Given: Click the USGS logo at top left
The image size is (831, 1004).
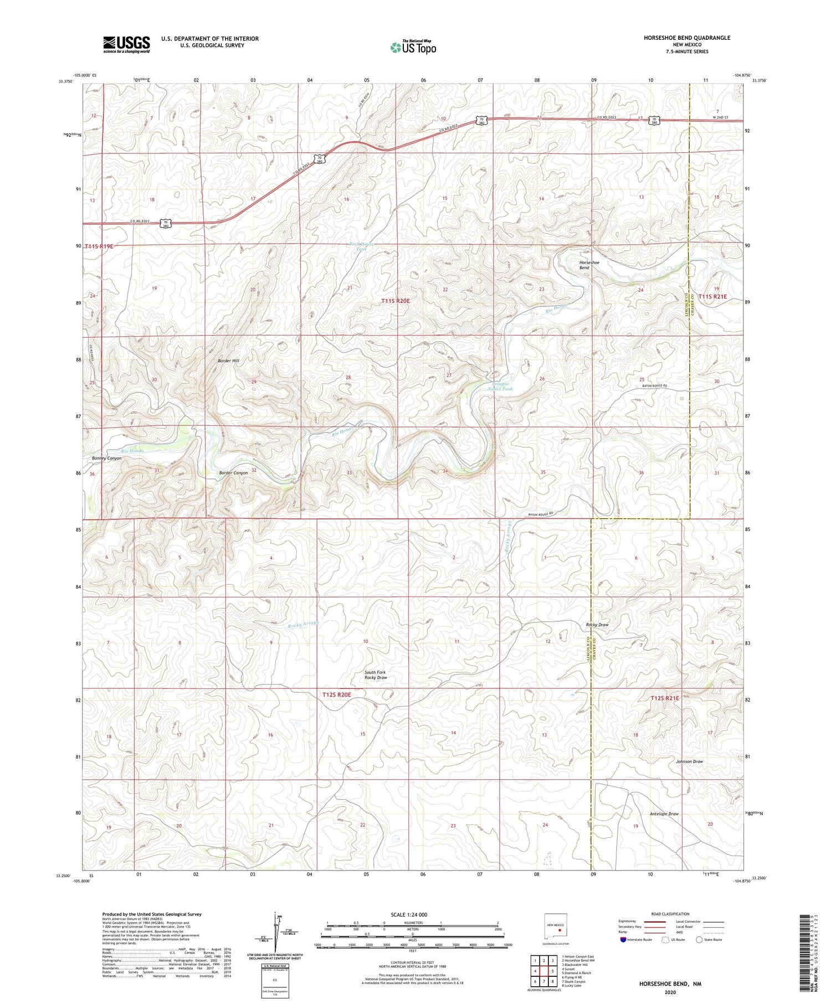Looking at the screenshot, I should point(126,44).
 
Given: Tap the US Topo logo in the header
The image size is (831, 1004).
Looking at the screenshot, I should point(413,47).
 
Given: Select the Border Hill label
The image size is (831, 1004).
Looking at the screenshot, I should point(228,361).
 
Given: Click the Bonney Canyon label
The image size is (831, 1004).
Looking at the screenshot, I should point(106,459).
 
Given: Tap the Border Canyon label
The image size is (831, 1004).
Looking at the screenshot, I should point(233,473).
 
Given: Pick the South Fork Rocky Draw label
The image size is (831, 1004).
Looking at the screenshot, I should point(375,675).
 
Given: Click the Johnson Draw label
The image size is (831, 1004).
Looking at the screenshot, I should point(689,761).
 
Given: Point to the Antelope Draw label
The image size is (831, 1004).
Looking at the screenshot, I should point(664,814).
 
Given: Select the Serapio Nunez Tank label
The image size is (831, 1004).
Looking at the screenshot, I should point(500,386).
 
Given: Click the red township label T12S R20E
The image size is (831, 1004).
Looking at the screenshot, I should point(337,694).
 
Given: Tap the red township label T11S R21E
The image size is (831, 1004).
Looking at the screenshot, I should point(712,297).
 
